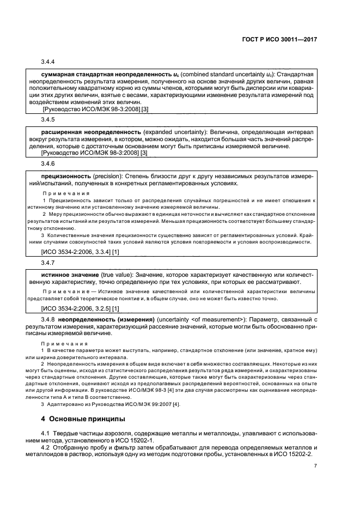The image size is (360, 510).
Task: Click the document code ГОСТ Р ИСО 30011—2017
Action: (280, 40)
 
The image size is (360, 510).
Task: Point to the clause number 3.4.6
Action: (49, 163)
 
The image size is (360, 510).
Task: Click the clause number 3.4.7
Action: (49, 262)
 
